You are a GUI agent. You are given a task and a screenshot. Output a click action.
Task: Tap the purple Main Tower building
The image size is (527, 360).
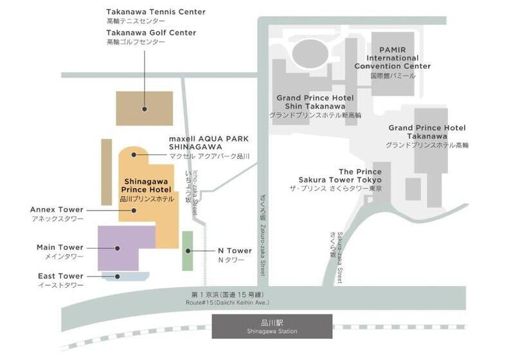(x=126, y=248)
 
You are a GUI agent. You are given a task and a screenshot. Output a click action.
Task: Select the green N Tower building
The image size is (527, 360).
(x=187, y=250)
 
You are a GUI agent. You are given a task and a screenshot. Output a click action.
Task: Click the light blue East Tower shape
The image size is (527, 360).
(x=126, y=276)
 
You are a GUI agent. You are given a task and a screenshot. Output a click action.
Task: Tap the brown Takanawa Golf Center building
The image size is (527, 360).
(x=144, y=108)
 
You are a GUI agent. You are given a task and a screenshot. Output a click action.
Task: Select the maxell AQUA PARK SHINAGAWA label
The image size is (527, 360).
(x=208, y=142)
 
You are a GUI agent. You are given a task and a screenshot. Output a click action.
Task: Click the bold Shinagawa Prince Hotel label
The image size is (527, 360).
(x=147, y=185)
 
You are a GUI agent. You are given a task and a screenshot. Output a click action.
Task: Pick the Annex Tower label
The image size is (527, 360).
(x=57, y=210)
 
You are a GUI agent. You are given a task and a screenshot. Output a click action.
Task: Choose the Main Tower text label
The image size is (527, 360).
(x=60, y=248)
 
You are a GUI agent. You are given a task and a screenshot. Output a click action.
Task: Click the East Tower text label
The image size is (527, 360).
(x=60, y=276)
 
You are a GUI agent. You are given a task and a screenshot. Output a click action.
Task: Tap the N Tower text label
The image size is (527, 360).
(x=235, y=251)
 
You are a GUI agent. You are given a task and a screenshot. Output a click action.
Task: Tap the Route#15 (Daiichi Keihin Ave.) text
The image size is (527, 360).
(x=227, y=302)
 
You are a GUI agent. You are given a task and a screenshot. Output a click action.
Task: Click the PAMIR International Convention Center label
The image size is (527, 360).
(x=393, y=57)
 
